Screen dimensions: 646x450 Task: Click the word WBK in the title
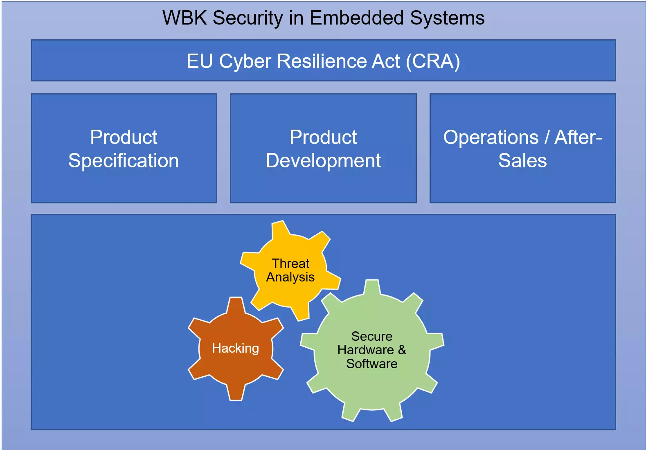click(x=185, y=18)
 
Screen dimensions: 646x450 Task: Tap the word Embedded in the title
click(x=357, y=18)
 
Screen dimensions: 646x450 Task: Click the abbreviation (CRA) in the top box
click(x=433, y=61)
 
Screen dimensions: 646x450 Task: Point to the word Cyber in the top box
click(x=245, y=62)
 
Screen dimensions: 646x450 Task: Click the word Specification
click(x=124, y=161)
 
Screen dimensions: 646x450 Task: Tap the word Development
click(x=323, y=161)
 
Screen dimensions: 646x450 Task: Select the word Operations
click(x=491, y=137)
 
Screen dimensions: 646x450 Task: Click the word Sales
click(x=522, y=160)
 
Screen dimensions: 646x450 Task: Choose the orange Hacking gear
click(x=236, y=349)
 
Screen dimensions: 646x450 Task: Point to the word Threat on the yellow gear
click(x=291, y=263)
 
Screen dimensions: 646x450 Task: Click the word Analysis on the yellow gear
click(x=290, y=277)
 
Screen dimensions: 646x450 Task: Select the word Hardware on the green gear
click(x=366, y=350)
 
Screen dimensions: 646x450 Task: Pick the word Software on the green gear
click(x=372, y=364)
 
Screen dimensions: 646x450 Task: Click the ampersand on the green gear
click(x=402, y=350)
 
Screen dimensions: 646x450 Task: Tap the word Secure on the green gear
click(x=372, y=336)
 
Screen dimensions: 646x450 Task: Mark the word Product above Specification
click(x=124, y=137)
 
